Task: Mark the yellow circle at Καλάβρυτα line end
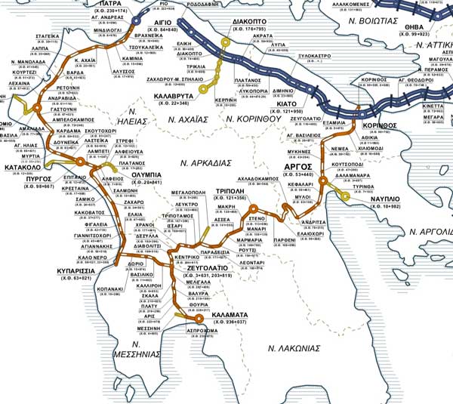point(202,88)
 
